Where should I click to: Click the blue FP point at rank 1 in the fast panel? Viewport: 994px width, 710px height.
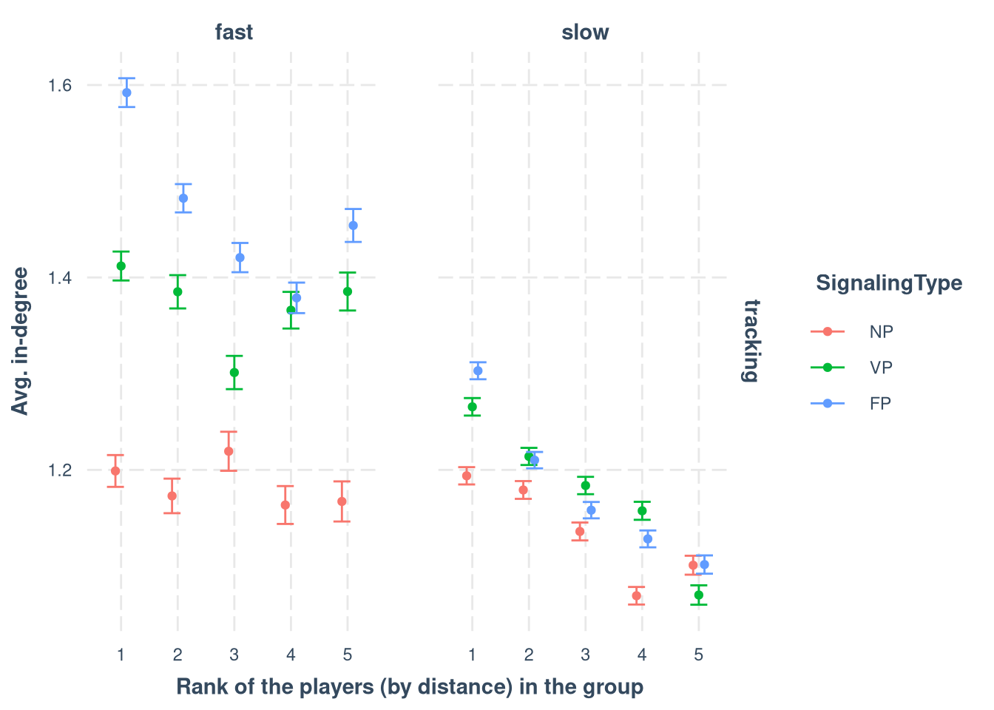pyautogui.click(x=126, y=92)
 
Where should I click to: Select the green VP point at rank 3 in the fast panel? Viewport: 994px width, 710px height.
pyautogui.click(x=234, y=372)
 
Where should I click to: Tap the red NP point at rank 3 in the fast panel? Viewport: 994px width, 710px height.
pyautogui.click(x=229, y=451)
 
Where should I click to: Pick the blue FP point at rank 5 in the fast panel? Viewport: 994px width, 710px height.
pyautogui.click(x=353, y=226)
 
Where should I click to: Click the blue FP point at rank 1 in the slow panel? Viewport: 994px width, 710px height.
pyautogui.click(x=478, y=371)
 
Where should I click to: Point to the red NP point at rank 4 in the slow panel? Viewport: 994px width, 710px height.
pyautogui.click(x=637, y=595)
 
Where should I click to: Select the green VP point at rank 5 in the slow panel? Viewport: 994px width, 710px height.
pyautogui.click(x=699, y=595)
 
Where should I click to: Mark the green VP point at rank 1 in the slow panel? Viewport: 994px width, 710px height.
pyautogui.click(x=472, y=407)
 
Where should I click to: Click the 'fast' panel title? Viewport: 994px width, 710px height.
pyautogui.click(x=234, y=33)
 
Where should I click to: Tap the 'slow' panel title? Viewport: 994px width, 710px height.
pyautogui.click(x=585, y=33)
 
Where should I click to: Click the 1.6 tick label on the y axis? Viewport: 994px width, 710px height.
pyautogui.click(x=59, y=86)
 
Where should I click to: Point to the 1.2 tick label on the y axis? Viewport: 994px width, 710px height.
pyautogui.click(x=59, y=470)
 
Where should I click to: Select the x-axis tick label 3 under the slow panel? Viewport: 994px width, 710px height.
pyautogui.click(x=585, y=655)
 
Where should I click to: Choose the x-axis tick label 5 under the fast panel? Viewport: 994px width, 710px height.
pyautogui.click(x=348, y=655)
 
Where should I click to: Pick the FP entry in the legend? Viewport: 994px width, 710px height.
pyautogui.click(x=881, y=404)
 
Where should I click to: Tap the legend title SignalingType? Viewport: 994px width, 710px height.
pyautogui.click(x=889, y=283)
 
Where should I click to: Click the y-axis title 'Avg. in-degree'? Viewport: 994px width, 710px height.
pyautogui.click(x=21, y=341)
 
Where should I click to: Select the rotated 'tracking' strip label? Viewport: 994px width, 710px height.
pyautogui.click(x=751, y=340)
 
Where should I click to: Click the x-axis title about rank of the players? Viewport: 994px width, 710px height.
pyautogui.click(x=410, y=687)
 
